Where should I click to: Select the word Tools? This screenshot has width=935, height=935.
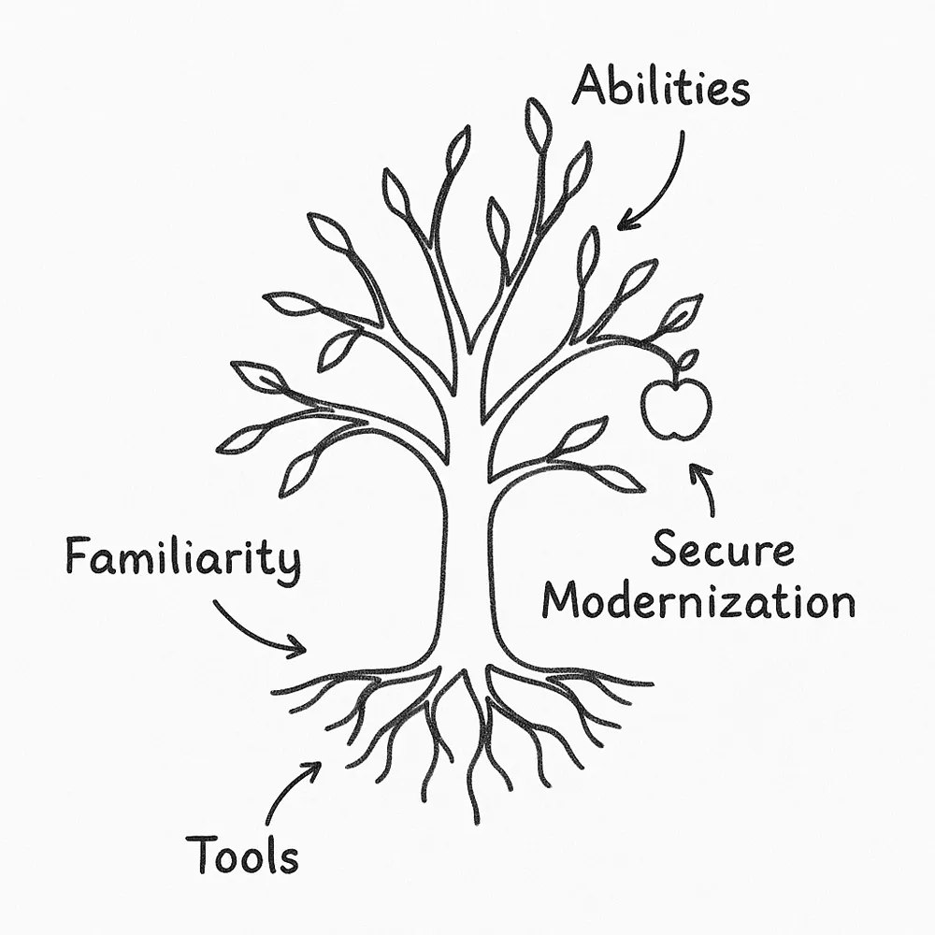pyautogui.click(x=242, y=854)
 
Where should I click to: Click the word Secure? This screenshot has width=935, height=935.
pyautogui.click(x=722, y=551)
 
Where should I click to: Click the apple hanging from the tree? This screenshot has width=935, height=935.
pyautogui.click(x=675, y=408)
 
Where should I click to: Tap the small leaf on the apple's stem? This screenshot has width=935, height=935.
pyautogui.click(x=688, y=360)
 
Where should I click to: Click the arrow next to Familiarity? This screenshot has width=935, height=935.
pyautogui.click(x=257, y=626)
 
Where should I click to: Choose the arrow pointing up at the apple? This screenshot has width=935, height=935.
pyautogui.click(x=703, y=486)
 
